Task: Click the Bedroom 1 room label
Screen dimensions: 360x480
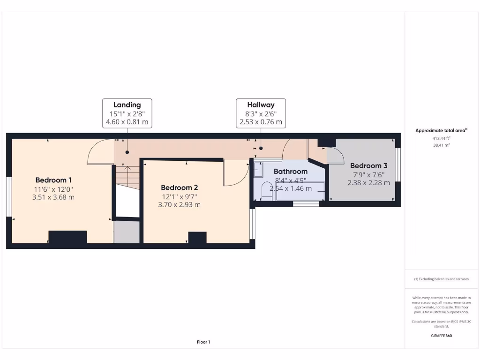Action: click(x=53, y=180)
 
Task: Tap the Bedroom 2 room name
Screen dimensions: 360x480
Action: click(x=180, y=187)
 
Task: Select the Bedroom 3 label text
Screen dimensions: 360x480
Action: click(x=368, y=165)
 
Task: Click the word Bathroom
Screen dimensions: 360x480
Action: click(x=291, y=171)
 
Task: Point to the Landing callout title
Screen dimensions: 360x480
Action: click(x=127, y=105)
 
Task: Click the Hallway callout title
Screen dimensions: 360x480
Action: click(x=261, y=105)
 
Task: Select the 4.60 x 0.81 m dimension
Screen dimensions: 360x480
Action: click(x=127, y=122)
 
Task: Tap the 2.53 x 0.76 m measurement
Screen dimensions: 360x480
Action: click(x=261, y=122)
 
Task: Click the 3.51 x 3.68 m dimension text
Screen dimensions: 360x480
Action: click(x=53, y=197)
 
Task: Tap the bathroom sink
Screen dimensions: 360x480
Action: click(x=258, y=169)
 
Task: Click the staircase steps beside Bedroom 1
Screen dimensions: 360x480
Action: click(x=127, y=177)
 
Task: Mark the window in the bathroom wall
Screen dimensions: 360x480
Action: click(x=306, y=204)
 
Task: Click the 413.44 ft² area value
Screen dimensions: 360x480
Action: click(x=441, y=138)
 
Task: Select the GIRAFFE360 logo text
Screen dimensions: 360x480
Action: click(x=441, y=336)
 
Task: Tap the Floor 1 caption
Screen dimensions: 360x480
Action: click(x=203, y=342)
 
